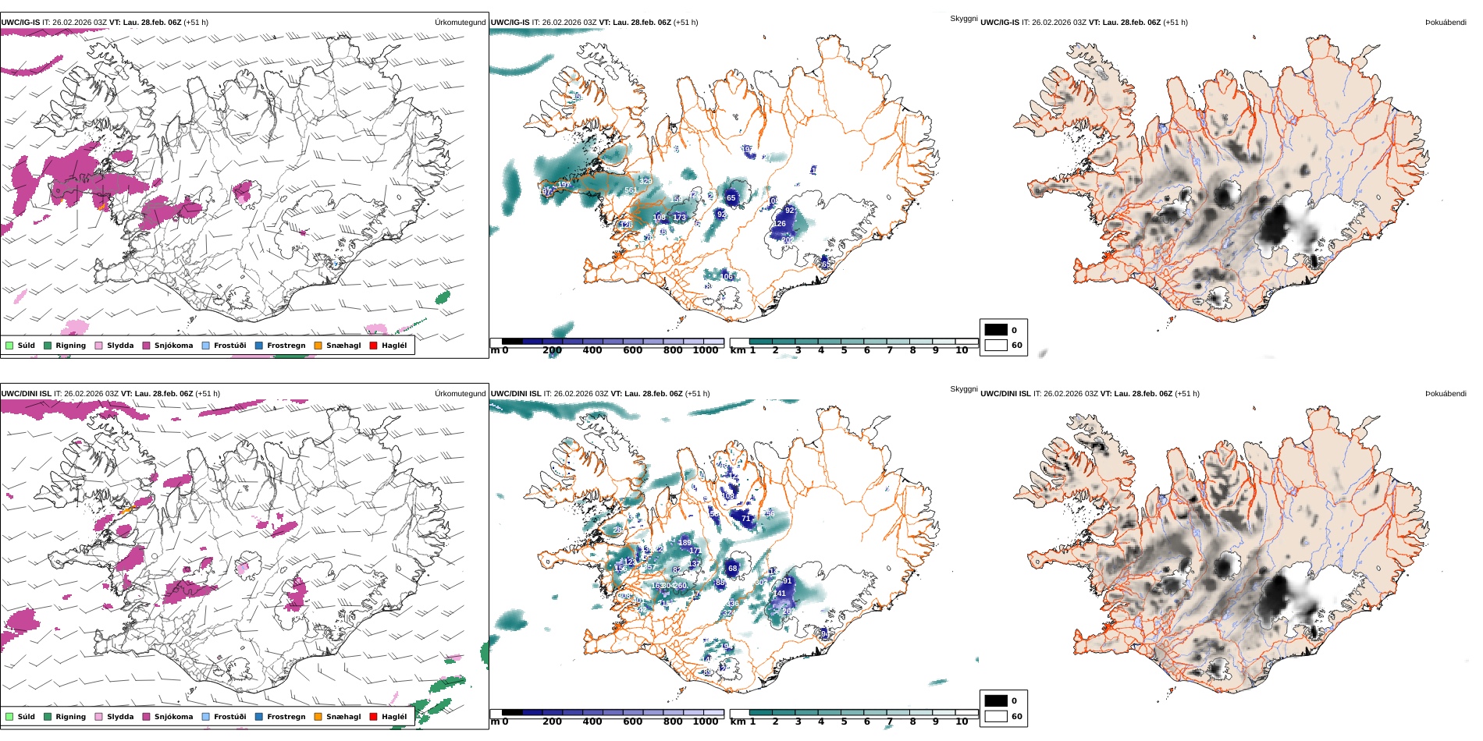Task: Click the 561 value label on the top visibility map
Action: click(631, 190)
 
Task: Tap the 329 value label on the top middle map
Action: click(645, 182)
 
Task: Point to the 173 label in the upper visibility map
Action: click(679, 218)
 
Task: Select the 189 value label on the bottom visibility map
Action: click(685, 543)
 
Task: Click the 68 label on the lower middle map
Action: click(732, 569)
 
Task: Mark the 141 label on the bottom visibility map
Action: click(780, 594)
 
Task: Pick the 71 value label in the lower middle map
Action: click(745, 519)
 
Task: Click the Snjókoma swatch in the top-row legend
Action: click(146, 346)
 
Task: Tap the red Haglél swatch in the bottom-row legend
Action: click(373, 717)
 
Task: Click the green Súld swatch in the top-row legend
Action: click(9, 346)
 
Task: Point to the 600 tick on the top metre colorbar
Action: click(633, 351)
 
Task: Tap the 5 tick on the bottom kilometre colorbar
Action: click(844, 721)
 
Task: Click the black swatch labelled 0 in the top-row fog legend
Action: click(996, 330)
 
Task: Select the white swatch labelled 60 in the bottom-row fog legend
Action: click(996, 716)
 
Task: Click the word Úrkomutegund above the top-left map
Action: click(460, 23)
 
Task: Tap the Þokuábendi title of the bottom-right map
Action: click(1446, 394)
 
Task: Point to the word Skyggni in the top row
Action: click(963, 19)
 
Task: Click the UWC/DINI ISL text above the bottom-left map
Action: click(26, 394)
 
